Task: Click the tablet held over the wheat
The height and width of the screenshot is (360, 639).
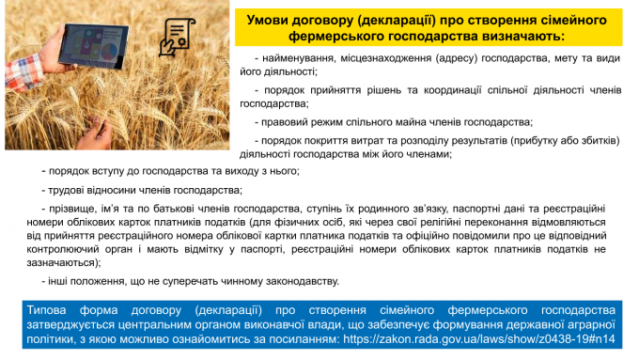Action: click(x=93, y=46)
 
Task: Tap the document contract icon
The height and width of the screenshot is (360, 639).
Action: click(x=177, y=37)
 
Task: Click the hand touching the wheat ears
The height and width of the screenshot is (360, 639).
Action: click(x=95, y=133)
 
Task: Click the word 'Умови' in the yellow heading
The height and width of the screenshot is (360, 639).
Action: click(x=267, y=20)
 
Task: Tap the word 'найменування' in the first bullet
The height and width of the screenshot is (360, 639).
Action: click(x=300, y=58)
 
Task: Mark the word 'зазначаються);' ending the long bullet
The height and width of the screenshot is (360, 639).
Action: click(x=64, y=263)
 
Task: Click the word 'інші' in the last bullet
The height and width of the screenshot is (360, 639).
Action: click(x=58, y=281)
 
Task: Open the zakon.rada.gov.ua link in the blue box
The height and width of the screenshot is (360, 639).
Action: click(x=479, y=339)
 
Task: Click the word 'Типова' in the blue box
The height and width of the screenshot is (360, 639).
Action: click(x=46, y=310)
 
